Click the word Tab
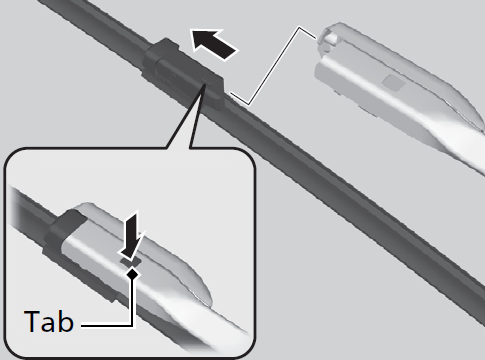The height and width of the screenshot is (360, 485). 49,321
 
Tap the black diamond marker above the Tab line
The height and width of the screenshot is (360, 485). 133,274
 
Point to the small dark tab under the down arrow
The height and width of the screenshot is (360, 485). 131,263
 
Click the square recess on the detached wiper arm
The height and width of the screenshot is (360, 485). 394,82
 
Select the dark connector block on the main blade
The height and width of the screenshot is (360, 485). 183,74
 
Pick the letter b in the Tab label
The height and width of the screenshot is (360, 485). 66,321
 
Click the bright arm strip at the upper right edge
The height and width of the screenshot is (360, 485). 463,147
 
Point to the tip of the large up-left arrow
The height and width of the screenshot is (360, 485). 191,30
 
